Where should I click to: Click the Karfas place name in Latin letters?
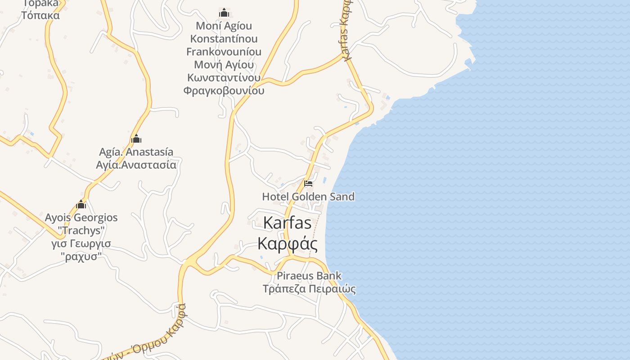tap(287, 223)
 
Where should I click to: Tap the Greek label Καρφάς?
tap(288, 243)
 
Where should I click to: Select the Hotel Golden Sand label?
tap(308, 197)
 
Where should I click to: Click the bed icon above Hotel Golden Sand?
tap(308, 184)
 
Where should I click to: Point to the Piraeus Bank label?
tap(309, 275)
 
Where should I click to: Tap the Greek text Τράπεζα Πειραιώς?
tap(309, 288)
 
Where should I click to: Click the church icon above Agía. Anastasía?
tap(136, 139)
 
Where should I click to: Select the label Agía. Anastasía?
tap(136, 152)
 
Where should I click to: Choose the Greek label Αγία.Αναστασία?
tap(136, 165)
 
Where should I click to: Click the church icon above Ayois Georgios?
tap(81, 205)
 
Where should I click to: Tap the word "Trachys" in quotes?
tap(81, 231)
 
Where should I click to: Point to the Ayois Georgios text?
tap(81, 218)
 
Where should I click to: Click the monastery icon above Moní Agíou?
tap(224, 13)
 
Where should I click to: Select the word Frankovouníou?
tap(224, 52)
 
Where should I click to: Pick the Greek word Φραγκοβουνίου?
tap(224, 91)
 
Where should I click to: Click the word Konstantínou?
tap(224, 39)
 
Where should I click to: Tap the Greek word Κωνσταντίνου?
tap(224, 78)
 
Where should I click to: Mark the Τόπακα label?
tap(40, 15)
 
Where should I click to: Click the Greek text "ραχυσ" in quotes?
tap(81, 257)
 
